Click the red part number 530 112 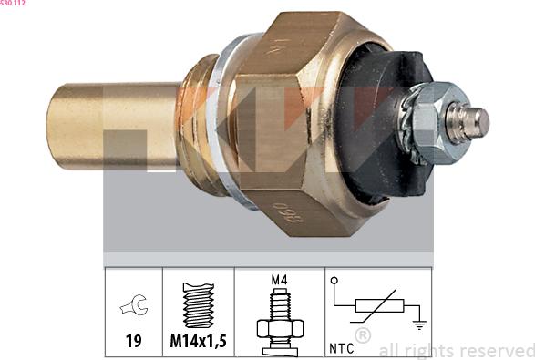pos(12,3)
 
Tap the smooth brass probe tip pos(113,127)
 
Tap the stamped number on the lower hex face pos(289,212)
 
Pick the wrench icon pos(134,304)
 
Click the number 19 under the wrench pos(133,341)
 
